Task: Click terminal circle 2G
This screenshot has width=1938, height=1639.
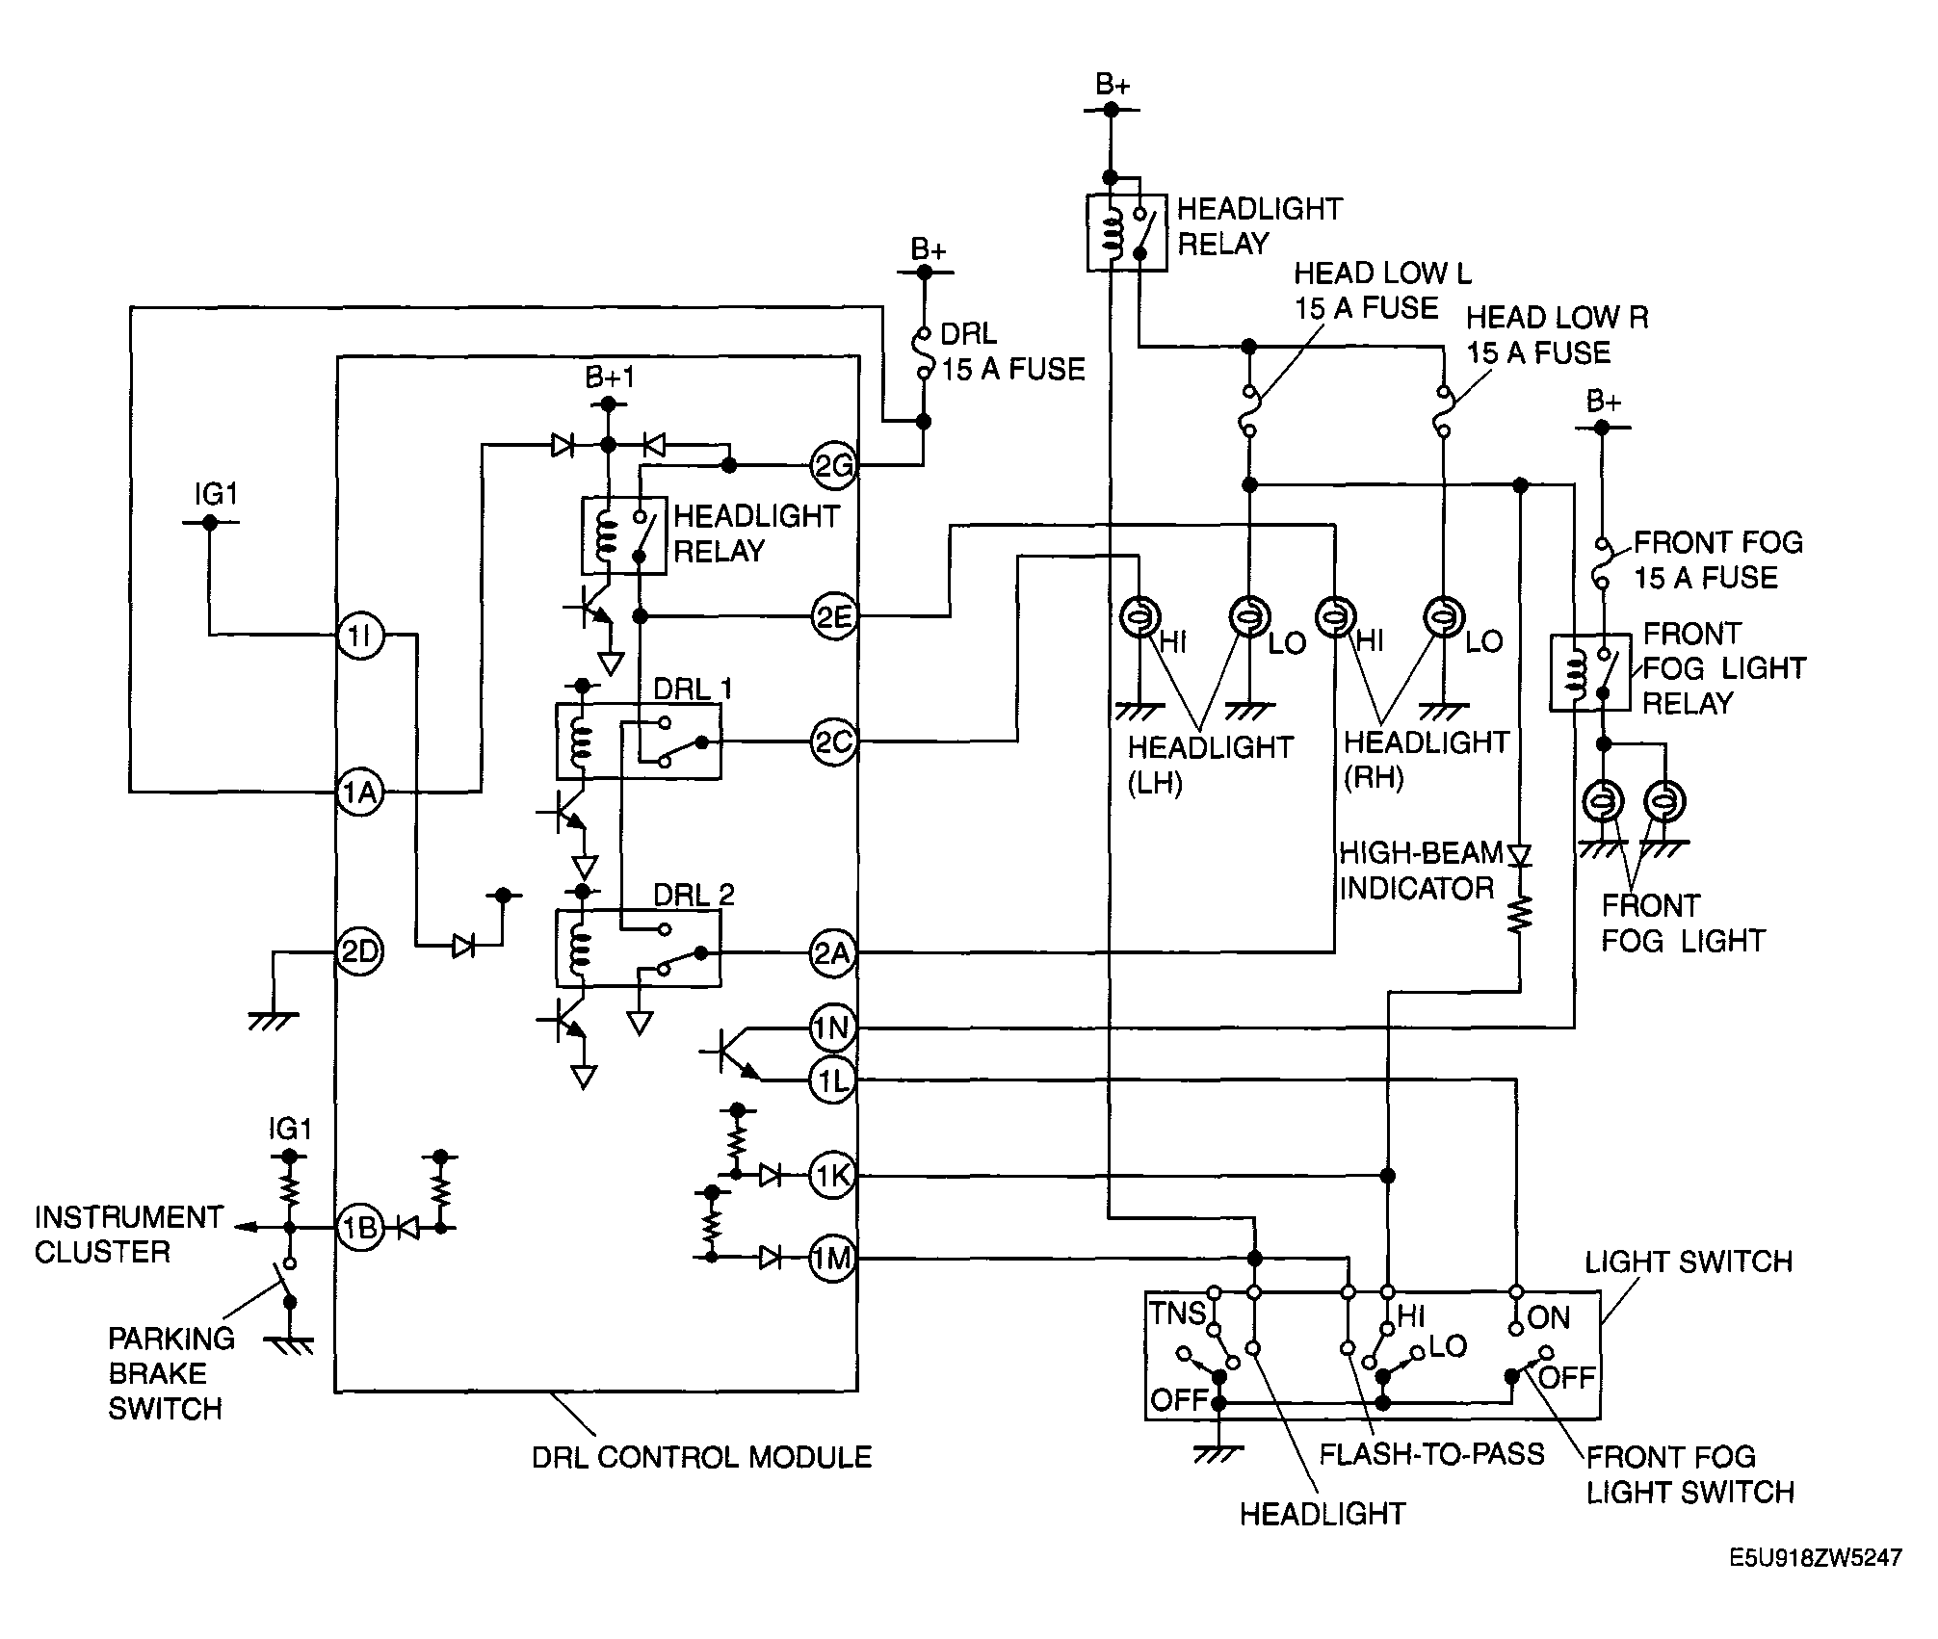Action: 833,466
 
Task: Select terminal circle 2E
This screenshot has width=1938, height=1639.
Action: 833,616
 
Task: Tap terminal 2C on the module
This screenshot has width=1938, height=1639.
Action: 833,742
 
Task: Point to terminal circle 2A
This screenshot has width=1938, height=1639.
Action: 833,953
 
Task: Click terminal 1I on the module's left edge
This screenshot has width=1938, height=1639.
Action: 360,635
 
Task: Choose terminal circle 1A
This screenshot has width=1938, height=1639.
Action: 360,793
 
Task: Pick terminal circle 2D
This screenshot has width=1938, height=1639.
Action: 360,952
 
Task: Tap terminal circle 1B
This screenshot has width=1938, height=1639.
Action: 360,1228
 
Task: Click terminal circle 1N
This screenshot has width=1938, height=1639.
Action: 833,1029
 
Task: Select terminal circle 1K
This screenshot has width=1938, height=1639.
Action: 833,1176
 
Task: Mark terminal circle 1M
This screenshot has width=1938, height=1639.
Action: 833,1258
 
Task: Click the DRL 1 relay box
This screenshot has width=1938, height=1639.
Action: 639,741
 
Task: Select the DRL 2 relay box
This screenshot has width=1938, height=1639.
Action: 639,949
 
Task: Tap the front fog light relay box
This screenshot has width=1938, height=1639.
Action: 1590,673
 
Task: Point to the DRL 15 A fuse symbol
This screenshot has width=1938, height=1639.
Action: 923,352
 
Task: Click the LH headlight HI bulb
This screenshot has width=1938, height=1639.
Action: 1140,617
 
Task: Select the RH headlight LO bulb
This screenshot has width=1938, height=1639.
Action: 1443,617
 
